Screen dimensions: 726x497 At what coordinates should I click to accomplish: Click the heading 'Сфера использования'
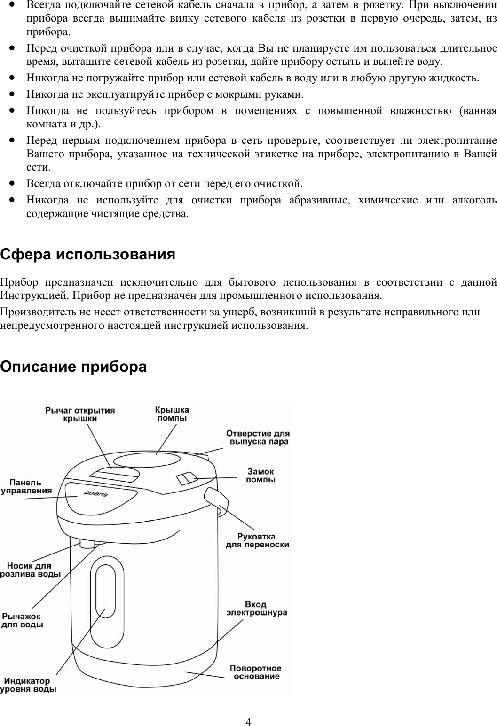(88, 255)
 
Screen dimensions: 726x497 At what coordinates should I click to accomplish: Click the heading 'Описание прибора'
(73, 367)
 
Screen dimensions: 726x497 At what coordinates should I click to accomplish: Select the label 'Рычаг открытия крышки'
(80, 414)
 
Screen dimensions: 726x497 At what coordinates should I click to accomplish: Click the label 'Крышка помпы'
(172, 414)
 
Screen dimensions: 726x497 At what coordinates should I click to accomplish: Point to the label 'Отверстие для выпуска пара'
(258, 437)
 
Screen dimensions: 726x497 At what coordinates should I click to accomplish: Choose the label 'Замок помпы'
(260, 475)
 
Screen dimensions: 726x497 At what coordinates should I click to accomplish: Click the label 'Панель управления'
(26, 486)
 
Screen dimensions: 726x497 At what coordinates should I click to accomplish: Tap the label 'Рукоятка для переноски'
(257, 540)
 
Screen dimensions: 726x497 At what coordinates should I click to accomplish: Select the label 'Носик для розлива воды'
(30, 570)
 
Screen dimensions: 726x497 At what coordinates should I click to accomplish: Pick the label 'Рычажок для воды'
(23, 620)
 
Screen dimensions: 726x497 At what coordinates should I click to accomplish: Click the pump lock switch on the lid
(186, 478)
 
